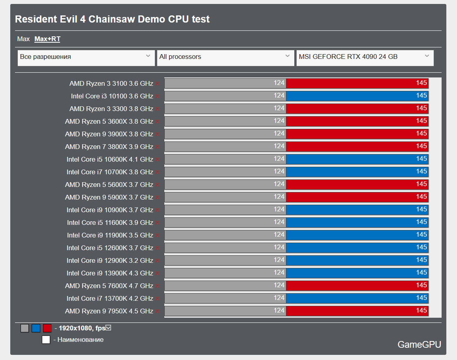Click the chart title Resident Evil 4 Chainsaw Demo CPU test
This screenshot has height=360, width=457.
112,19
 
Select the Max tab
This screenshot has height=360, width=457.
23,39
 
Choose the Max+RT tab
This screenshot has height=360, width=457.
47,39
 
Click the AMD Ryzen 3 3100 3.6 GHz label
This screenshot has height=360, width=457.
111,84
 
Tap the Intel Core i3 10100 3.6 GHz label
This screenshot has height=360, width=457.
112,96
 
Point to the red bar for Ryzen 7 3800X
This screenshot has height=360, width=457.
357,146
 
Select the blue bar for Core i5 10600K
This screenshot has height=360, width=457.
357,159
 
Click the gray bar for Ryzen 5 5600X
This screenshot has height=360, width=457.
225,185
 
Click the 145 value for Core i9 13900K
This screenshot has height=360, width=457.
421,273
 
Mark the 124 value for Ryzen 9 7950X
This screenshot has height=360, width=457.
279,311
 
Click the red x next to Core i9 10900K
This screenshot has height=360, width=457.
157,210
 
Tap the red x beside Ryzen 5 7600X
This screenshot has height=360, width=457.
157,286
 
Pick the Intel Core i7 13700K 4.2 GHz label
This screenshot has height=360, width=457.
110,298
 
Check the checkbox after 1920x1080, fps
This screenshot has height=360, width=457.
108,328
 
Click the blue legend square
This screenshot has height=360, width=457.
36,328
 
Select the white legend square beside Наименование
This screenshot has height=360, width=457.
46,339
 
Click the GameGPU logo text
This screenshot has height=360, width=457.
419,345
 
